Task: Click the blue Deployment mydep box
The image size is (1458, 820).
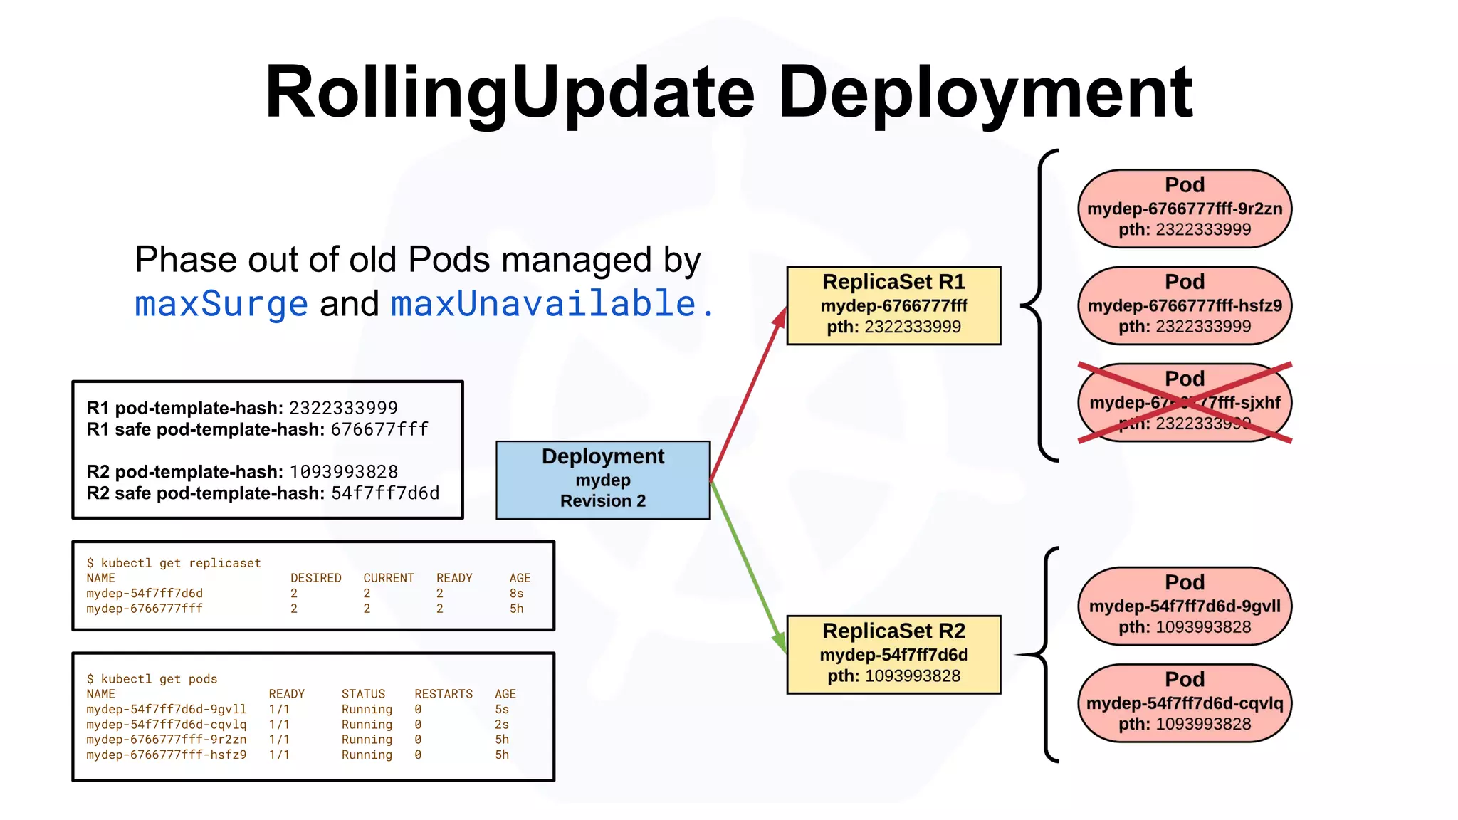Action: pyautogui.click(x=603, y=480)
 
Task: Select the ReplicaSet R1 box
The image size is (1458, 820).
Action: pyautogui.click(x=893, y=305)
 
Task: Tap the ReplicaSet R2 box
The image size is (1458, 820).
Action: pyautogui.click(x=893, y=654)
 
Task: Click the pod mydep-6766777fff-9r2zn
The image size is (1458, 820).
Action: pyautogui.click(x=1185, y=209)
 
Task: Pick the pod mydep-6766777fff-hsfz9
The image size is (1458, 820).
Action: pyautogui.click(x=1185, y=305)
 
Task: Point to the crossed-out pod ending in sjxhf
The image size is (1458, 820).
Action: pyautogui.click(x=1185, y=402)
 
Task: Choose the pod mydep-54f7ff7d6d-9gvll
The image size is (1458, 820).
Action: pyautogui.click(x=1185, y=606)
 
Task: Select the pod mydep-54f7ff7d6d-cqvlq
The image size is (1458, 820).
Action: pyautogui.click(x=1185, y=703)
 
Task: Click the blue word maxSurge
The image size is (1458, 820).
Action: pyautogui.click(x=221, y=304)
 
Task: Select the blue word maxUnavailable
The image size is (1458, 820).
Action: pyautogui.click(x=543, y=304)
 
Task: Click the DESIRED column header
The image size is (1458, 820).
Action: pyautogui.click(x=315, y=578)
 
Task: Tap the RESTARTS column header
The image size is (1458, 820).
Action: pyautogui.click(x=444, y=694)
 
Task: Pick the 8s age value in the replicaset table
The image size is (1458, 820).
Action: pyautogui.click(x=516, y=594)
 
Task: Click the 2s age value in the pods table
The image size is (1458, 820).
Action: pyautogui.click(x=502, y=725)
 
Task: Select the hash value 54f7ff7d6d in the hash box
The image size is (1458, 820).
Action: pyautogui.click(x=385, y=493)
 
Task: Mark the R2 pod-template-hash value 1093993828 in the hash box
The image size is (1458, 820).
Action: pyautogui.click(x=344, y=472)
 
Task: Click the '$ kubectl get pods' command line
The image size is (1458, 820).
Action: pyautogui.click(x=152, y=679)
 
